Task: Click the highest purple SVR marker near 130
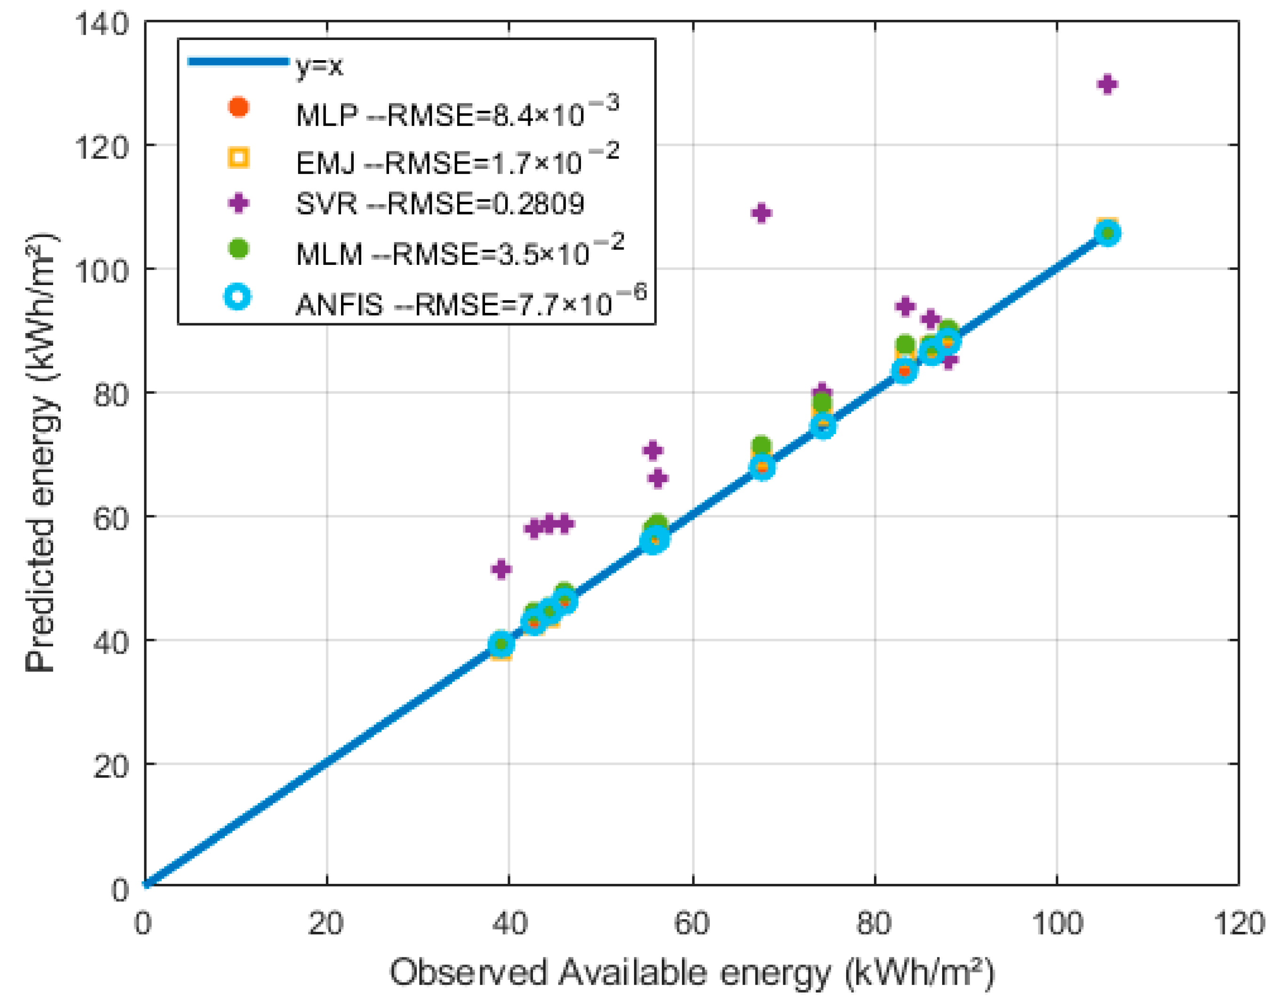pyautogui.click(x=1106, y=84)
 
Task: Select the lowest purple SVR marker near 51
pyautogui.click(x=501, y=569)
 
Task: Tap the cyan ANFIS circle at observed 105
pyautogui.click(x=1107, y=234)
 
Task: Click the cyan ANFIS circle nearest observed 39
pyautogui.click(x=501, y=644)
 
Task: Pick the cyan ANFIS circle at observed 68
pyautogui.click(x=762, y=467)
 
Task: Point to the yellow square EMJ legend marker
pyautogui.click(x=238, y=157)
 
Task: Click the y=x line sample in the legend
pyautogui.click(x=238, y=62)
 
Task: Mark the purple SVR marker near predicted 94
pyautogui.click(x=906, y=306)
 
